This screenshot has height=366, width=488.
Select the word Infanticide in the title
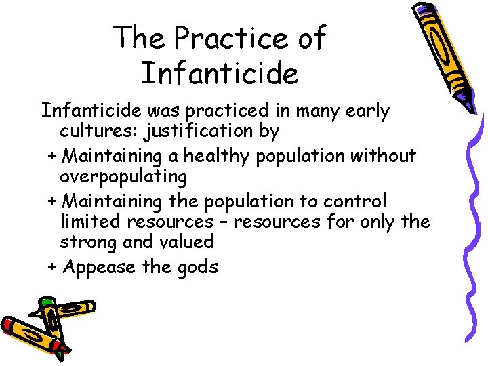[220, 73]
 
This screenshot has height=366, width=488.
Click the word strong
[87, 243]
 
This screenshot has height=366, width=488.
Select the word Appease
[99, 267]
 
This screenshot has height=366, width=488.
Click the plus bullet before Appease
[52, 266]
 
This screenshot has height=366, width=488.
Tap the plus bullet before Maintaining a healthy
[52, 156]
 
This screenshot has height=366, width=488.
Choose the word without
[383, 156]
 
